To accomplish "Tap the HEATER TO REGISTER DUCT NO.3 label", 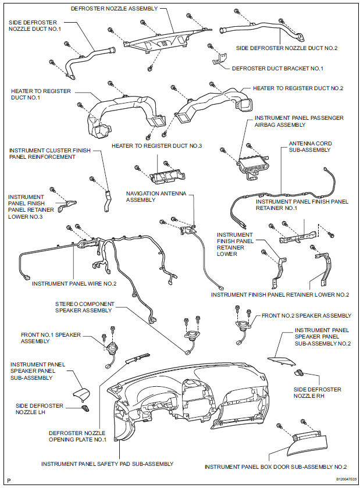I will click(x=156, y=145).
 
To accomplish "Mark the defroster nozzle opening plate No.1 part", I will click(x=138, y=357).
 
